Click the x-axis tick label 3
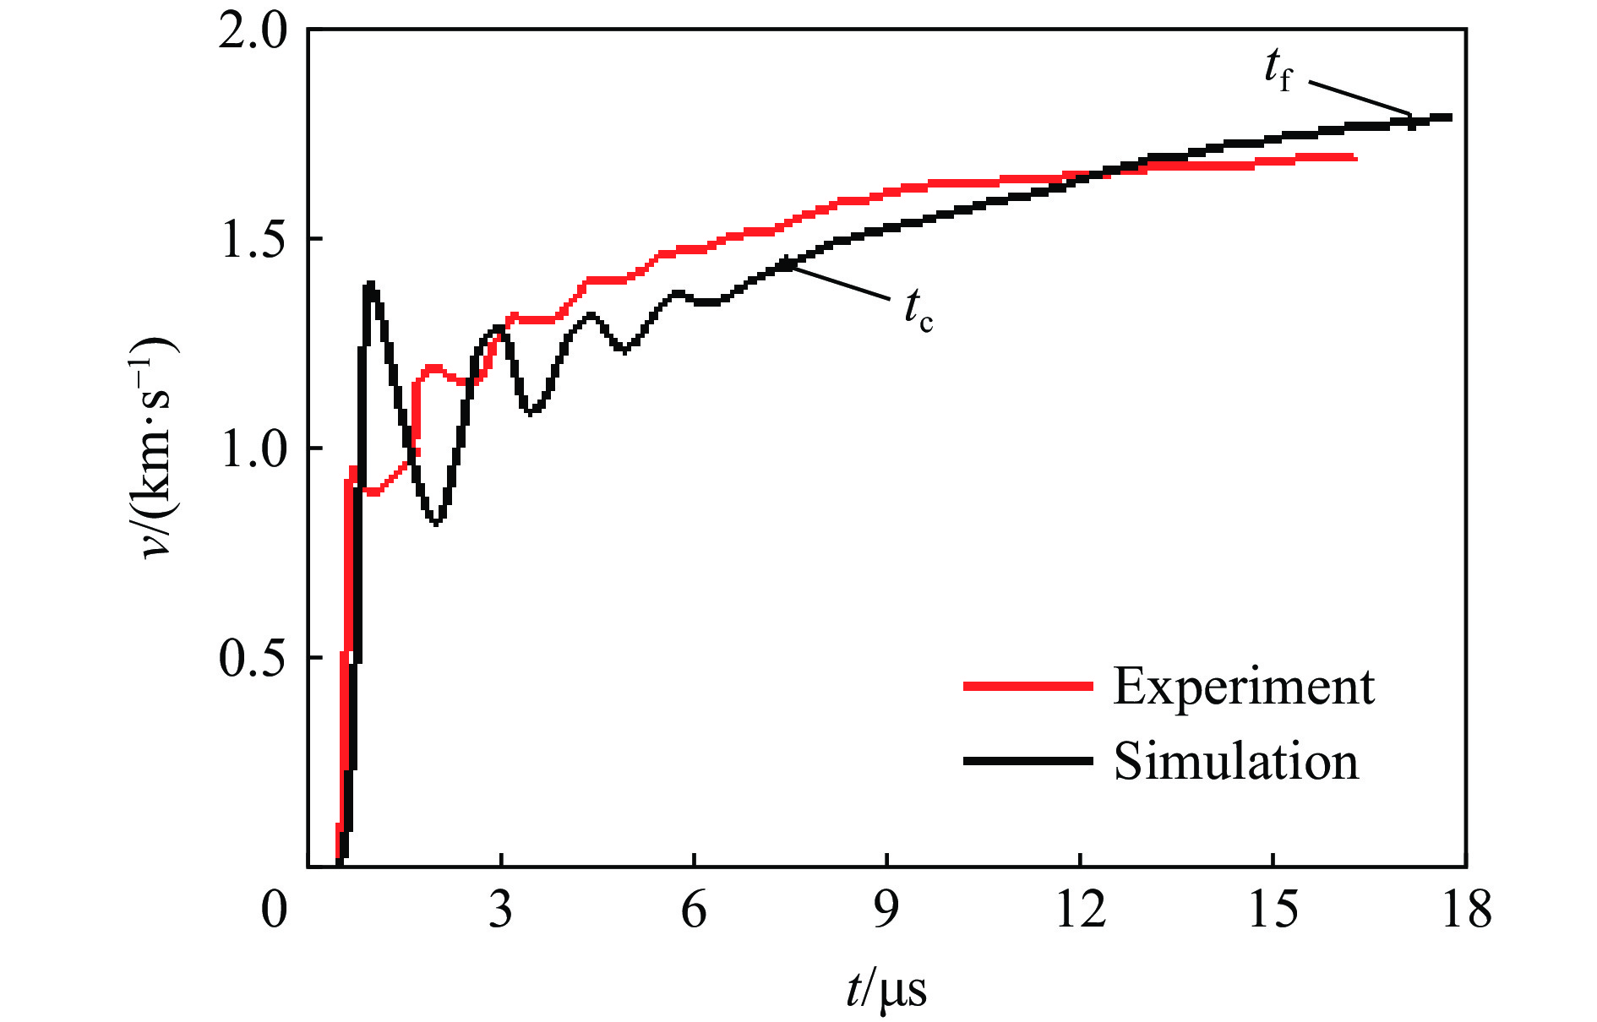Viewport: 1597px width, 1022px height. coord(501,911)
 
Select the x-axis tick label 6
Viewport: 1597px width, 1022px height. coord(694,911)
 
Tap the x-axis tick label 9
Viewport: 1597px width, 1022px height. coord(886,911)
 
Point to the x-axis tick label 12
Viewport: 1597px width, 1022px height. coord(1080,911)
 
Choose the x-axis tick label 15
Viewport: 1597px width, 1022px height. coord(1273,911)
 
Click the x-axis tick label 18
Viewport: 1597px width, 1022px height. coord(1466,911)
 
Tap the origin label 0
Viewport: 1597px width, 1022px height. coord(274,911)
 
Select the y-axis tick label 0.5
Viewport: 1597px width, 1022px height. coord(253,658)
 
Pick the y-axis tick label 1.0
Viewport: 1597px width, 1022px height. coord(253,448)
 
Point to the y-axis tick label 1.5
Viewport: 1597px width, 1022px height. coord(253,240)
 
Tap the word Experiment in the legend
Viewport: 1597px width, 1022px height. coord(1243,686)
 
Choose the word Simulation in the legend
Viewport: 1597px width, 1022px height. coord(1235,761)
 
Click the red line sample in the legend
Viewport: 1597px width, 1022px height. coord(1027,686)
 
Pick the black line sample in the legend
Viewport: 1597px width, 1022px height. coord(1027,761)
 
